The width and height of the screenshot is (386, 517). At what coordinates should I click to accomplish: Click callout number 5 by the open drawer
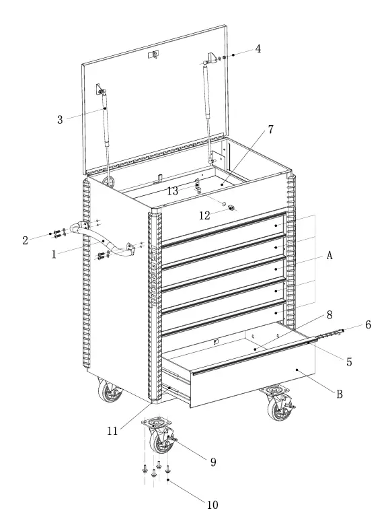click(349, 361)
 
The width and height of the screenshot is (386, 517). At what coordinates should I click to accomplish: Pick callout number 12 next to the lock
click(206, 215)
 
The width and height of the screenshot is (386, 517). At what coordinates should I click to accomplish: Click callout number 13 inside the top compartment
click(173, 191)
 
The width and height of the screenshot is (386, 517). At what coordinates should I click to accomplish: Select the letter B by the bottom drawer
click(339, 394)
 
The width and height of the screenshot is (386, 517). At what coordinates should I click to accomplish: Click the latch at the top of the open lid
click(154, 53)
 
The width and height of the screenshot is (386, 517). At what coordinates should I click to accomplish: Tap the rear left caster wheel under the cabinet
click(108, 392)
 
